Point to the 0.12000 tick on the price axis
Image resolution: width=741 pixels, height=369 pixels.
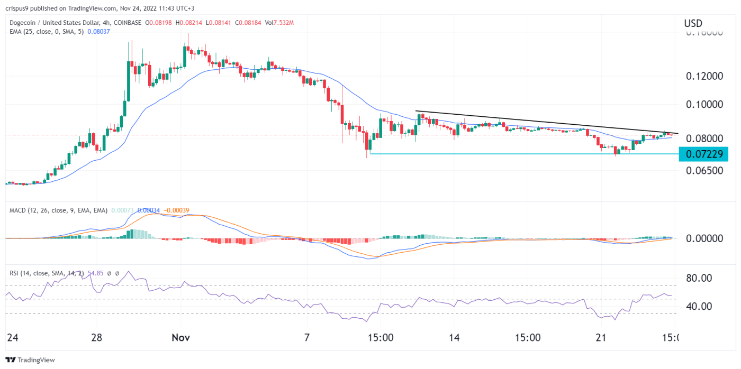coord(704,76)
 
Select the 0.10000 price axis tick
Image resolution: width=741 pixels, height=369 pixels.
coord(704,104)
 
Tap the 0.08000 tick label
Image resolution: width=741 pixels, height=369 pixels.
coord(704,139)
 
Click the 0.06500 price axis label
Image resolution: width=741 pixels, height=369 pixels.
coord(704,171)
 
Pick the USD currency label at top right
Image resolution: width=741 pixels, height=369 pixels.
coord(693,23)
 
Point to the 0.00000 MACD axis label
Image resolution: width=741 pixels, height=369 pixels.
coord(704,238)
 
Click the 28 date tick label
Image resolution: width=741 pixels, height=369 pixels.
coord(96,337)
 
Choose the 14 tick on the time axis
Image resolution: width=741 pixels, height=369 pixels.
coord(454,337)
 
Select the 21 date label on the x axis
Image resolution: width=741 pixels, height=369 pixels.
coord(600,337)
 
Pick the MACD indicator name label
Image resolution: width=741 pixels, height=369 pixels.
coord(19,210)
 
